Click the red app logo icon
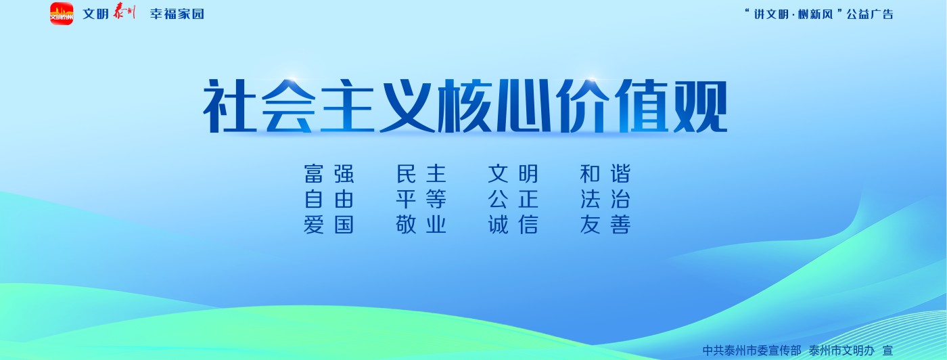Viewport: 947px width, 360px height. point(62,14)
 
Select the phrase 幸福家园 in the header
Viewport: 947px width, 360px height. point(177,14)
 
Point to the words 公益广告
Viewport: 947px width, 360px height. point(870,14)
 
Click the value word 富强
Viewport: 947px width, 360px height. point(329,174)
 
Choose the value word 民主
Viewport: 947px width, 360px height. point(421,174)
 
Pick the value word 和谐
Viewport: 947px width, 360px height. point(605,174)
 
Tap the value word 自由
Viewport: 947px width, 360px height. point(329,199)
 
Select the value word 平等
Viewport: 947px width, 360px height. point(421,199)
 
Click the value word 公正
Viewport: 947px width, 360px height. point(513,199)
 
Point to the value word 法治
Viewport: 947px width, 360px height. point(605,199)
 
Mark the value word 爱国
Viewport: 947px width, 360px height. point(329,225)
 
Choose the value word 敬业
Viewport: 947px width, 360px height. point(421,225)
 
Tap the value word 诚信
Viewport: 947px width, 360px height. point(513,225)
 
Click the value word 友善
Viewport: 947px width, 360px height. point(605,225)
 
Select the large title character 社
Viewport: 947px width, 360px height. point(231,106)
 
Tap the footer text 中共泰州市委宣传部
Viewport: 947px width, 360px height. point(752,351)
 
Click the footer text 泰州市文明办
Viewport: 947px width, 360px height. point(841,351)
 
